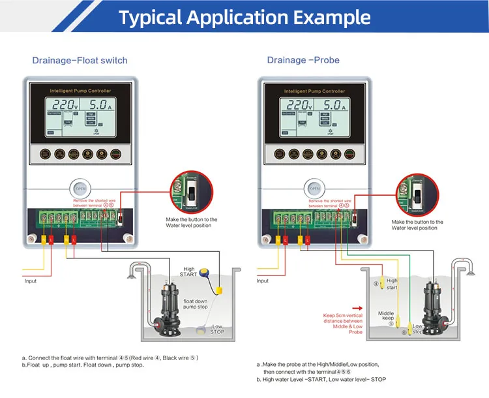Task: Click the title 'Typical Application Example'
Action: pos(244,18)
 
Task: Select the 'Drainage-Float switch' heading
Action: pos(80,61)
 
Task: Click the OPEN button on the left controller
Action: pos(80,189)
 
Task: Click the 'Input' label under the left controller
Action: pos(31,281)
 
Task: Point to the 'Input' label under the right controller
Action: pos(262,281)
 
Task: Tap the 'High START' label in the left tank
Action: pos(189,271)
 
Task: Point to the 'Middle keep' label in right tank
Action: pos(387,316)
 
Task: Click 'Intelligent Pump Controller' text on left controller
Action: pos(80,91)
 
